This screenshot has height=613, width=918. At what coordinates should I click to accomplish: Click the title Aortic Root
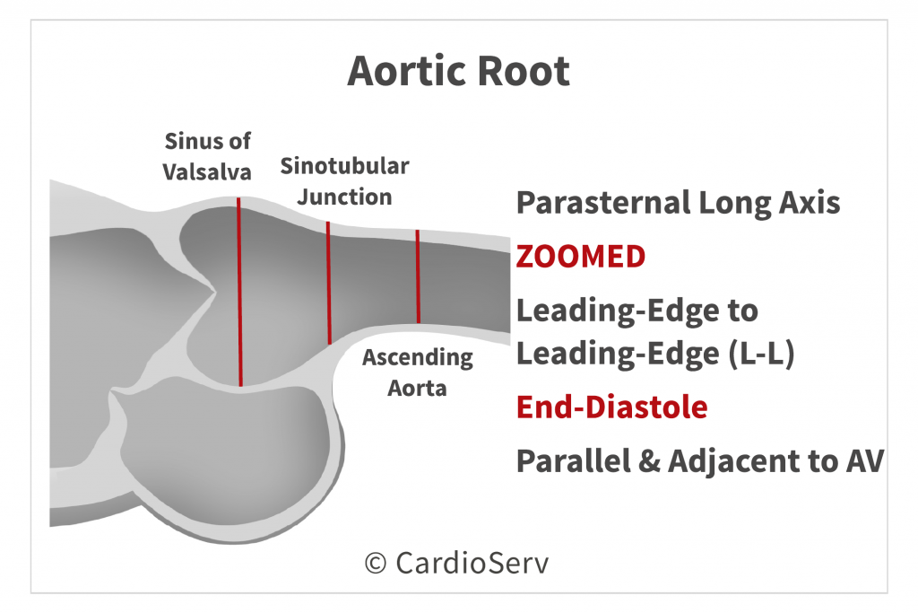tap(458, 71)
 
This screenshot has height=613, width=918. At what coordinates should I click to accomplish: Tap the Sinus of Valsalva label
tap(207, 156)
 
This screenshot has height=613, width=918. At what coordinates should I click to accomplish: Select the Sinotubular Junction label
tap(344, 181)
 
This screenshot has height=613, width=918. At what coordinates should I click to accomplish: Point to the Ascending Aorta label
tap(418, 372)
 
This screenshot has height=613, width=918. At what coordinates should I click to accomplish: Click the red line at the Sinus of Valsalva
tap(239, 292)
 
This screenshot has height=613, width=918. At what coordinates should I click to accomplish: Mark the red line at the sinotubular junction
tap(329, 283)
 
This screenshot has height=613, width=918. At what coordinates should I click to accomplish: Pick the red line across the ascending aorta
tap(418, 276)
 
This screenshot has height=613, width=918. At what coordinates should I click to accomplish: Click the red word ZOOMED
tap(581, 257)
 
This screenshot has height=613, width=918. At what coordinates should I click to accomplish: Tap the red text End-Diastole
tap(611, 407)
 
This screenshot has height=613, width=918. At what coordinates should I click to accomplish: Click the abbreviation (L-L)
tap(762, 354)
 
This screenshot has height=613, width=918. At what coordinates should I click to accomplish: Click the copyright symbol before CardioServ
tap(376, 563)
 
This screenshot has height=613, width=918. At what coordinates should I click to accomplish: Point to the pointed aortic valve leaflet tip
tap(214, 290)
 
